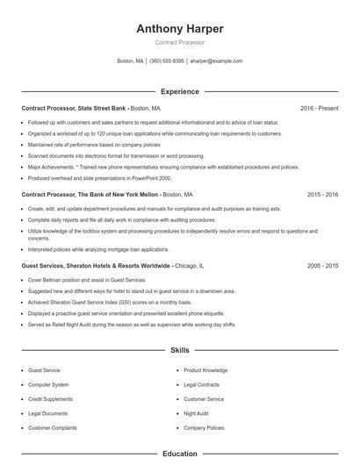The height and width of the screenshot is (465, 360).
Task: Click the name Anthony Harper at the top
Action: tap(179, 29)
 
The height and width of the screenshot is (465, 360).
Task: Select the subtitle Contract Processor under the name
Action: tap(179, 42)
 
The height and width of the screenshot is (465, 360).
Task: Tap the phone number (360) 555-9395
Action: tap(166, 61)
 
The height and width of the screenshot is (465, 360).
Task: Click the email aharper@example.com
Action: tap(216, 61)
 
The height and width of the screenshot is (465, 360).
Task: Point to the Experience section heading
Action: tap(179, 91)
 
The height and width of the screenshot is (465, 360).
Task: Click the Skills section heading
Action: tap(179, 350)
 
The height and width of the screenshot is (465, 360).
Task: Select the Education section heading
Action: tap(179, 454)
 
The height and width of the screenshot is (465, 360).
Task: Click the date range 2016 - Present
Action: tap(319, 108)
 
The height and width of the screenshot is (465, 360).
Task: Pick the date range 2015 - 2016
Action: tap(322, 194)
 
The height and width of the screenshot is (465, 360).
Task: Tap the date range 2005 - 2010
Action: tap(322, 265)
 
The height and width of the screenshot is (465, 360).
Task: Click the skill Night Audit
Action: tap(197, 413)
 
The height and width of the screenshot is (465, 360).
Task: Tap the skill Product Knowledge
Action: tap(205, 370)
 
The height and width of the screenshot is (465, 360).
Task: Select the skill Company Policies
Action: tap(204, 427)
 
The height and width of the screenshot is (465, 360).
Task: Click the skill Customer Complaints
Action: tap(52, 427)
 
